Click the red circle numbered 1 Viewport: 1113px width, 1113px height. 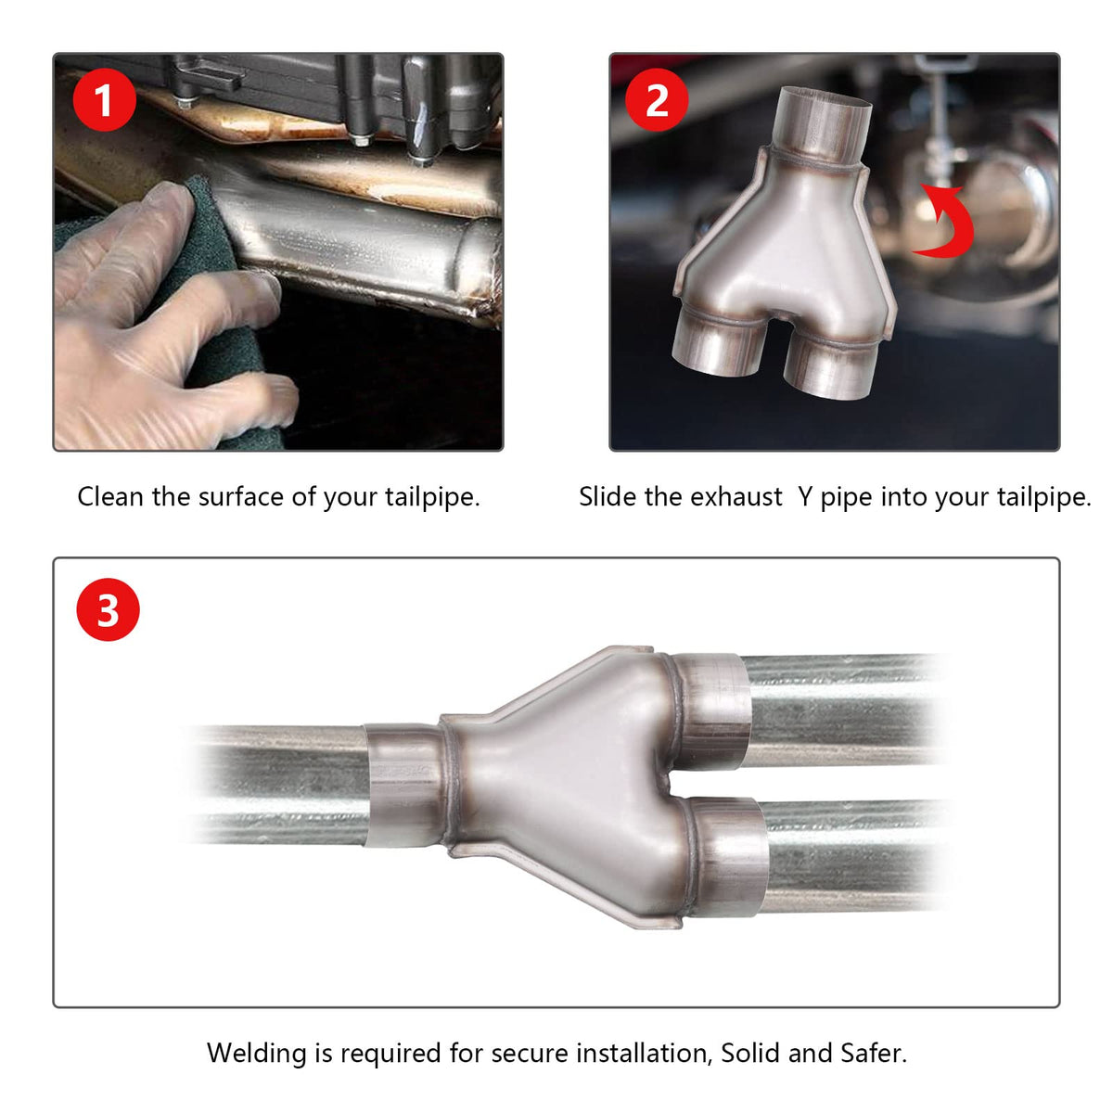point(105,100)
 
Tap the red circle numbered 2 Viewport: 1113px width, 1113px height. point(657,100)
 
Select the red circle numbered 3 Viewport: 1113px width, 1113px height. point(108,609)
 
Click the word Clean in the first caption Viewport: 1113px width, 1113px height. point(109,497)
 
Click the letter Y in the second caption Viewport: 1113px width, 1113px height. point(805,497)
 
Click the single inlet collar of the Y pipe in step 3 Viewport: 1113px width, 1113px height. point(404,785)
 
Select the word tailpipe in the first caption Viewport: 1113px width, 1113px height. point(432,497)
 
